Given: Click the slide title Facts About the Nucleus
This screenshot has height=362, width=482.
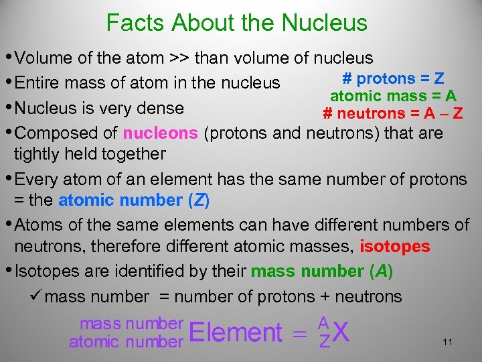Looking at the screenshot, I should (x=237, y=23).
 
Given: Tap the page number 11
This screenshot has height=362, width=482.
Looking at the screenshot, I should (x=448, y=343).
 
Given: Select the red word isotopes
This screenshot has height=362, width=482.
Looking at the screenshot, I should (x=395, y=247).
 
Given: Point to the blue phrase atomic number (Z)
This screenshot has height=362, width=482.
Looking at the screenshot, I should (x=134, y=200).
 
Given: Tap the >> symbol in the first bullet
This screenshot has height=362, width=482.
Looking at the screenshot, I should (x=179, y=58).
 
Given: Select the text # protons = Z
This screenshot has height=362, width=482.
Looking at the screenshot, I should (x=394, y=78).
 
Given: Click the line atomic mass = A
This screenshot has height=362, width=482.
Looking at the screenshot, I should (x=394, y=95).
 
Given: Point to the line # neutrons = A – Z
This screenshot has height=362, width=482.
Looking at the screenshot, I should (x=392, y=113).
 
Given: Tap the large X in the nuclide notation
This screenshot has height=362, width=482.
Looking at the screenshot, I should (x=341, y=333).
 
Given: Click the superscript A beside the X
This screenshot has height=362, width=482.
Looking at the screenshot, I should (x=324, y=322).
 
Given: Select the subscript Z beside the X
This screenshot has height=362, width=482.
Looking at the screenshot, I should (x=324, y=342).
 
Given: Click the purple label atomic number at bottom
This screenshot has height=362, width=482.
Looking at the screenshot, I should (x=126, y=342).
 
